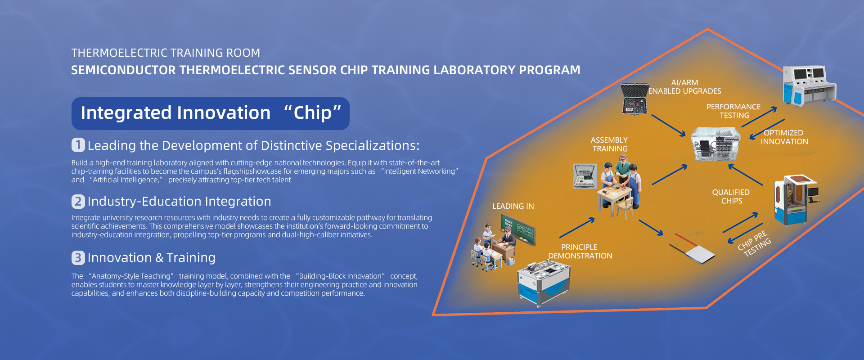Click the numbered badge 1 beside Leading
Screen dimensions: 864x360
point(78,145)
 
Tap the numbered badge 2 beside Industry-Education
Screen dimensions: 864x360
point(78,201)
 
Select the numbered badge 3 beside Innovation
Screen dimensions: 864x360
point(78,257)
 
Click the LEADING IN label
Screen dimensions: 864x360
point(513,206)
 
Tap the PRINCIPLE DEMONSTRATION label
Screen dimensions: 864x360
point(580,252)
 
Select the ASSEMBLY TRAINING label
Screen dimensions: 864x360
point(610,144)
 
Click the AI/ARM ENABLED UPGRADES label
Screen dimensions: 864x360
point(684,87)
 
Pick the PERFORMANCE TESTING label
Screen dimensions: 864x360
point(734,111)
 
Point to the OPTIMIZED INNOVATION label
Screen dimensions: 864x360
point(784,137)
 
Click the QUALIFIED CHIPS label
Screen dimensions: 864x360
point(731,197)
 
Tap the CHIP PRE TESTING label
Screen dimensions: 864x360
point(754,244)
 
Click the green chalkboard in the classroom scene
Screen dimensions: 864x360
point(518,229)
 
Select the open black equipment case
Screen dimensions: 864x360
point(634,99)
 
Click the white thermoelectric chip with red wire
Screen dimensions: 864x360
point(692,248)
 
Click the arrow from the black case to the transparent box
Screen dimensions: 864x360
point(668,125)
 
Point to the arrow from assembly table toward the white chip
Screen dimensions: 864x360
point(651,228)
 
